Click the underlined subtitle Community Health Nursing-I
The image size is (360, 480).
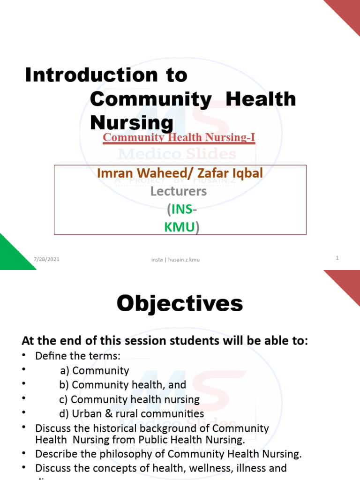coord(179,137)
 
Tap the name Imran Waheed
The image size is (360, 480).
coord(129,173)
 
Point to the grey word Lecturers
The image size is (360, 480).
coord(178,191)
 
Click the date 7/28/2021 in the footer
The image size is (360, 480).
coord(46,259)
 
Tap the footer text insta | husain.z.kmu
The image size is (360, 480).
coord(175,260)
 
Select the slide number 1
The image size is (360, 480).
coord(337,258)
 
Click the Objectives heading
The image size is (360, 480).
coord(180,304)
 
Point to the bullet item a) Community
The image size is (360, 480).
coord(94,371)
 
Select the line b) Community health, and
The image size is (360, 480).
coord(122,385)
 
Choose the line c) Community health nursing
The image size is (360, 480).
coord(129,399)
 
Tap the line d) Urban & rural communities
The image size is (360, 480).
coord(131,413)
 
